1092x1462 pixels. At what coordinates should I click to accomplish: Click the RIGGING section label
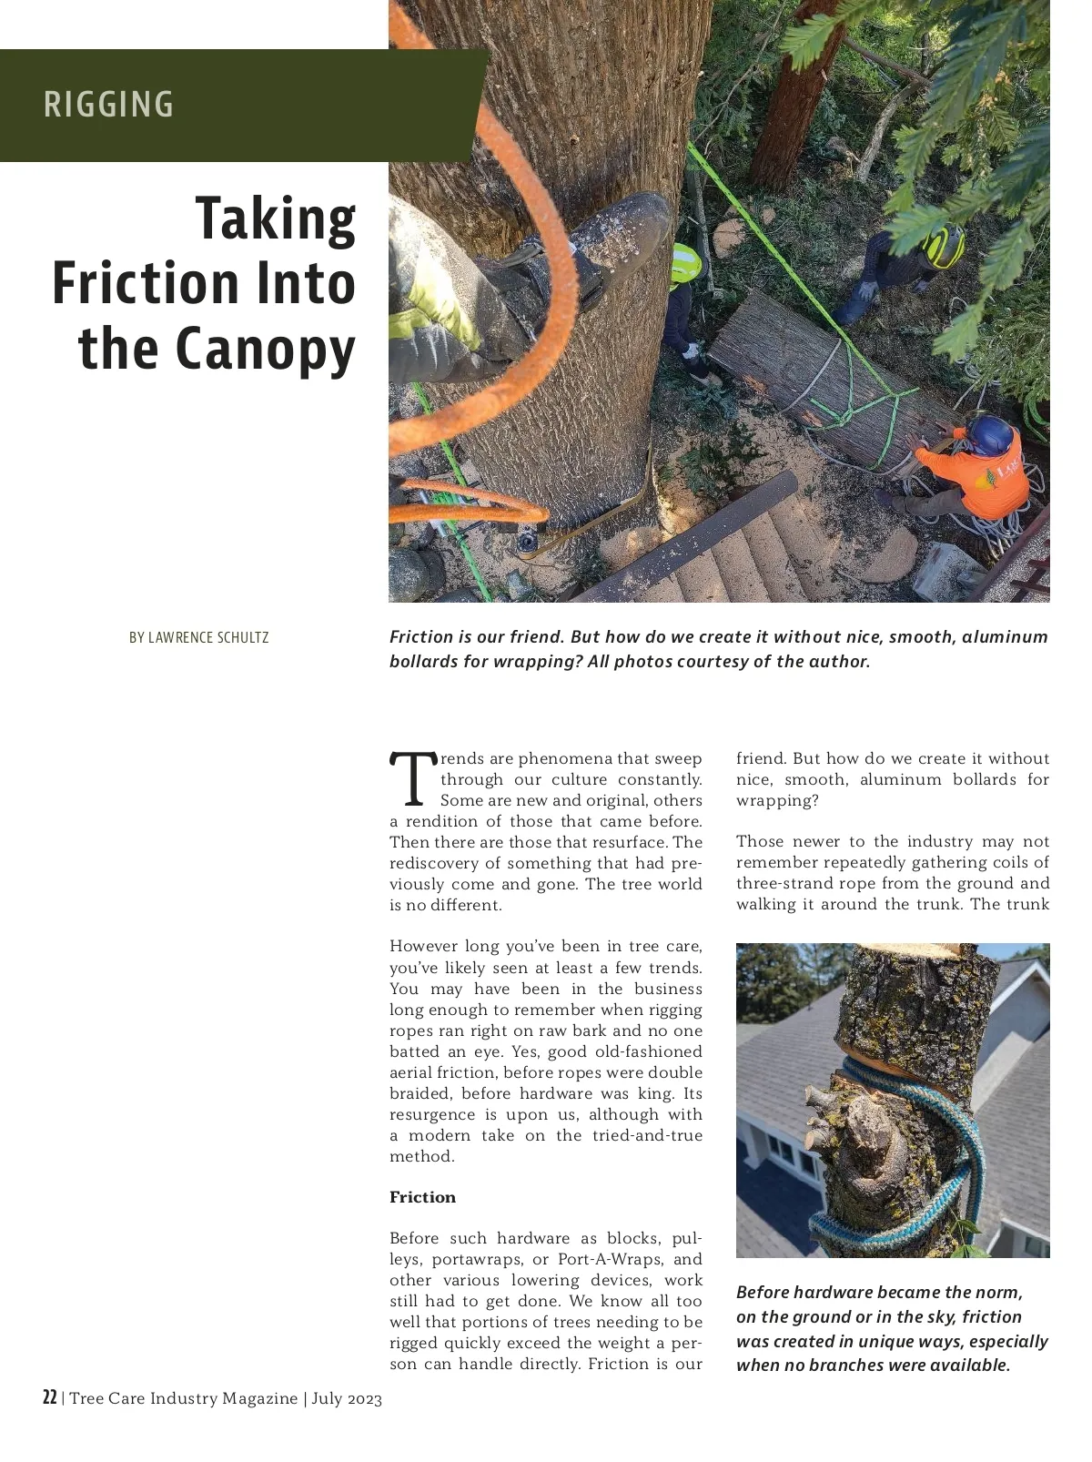pos(108,105)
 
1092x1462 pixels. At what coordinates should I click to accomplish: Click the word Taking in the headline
pos(276,219)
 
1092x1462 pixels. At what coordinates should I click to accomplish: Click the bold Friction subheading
pos(422,1197)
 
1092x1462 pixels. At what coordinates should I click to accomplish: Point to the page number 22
pos(50,1398)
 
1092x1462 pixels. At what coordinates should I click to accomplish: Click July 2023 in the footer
pos(347,1398)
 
